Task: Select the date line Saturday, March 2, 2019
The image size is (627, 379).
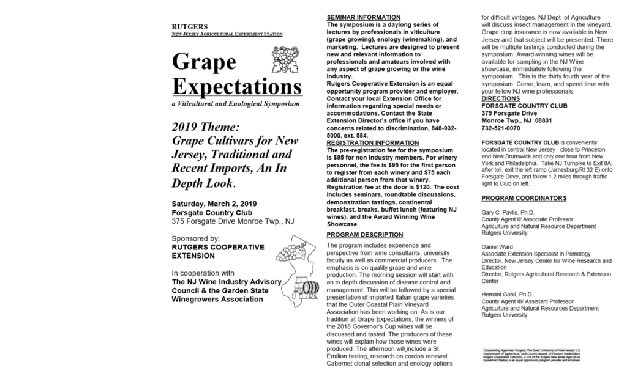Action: coord(213,203)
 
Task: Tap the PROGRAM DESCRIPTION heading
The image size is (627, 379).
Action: coord(365,235)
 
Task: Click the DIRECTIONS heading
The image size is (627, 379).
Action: coord(500,98)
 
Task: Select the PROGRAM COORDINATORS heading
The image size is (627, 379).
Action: coord(524,198)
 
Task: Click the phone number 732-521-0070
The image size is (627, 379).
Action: coord(501,128)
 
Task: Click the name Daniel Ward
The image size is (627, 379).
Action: coord(498,246)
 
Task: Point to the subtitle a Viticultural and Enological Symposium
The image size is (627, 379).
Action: coord(236,105)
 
